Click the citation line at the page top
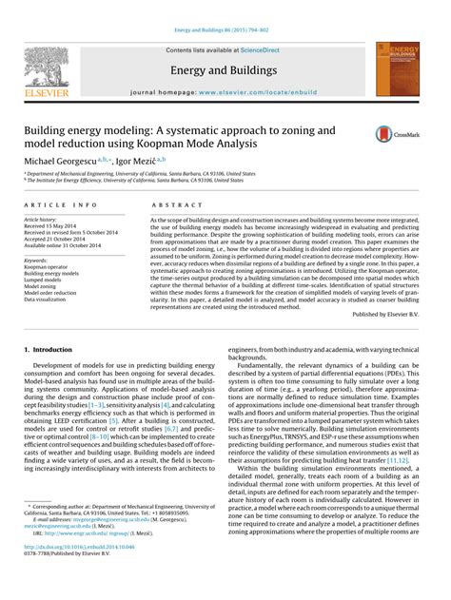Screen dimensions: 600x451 click(225, 9)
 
